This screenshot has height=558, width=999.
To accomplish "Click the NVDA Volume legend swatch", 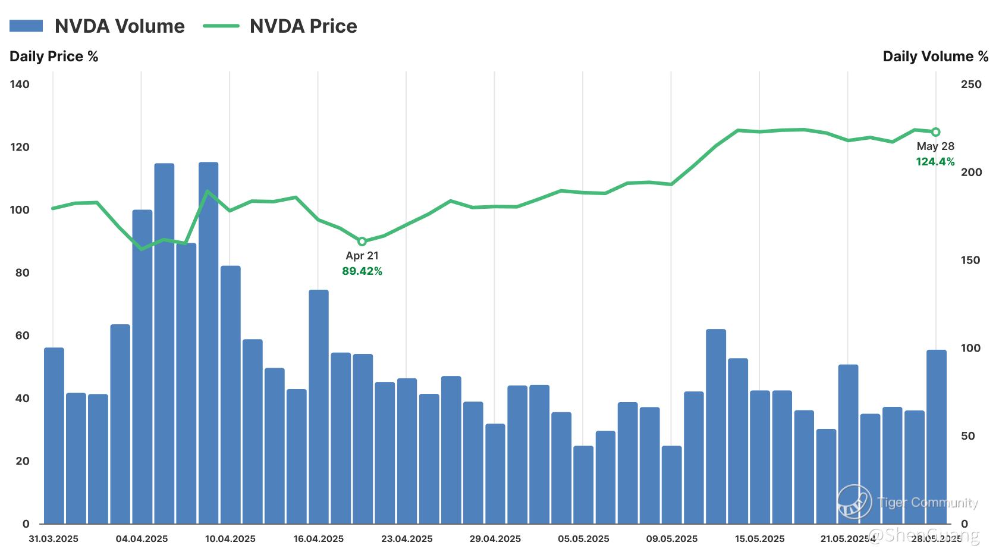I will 26,26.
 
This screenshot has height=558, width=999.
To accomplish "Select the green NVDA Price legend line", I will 221,26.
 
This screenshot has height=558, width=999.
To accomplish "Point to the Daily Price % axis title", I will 54,57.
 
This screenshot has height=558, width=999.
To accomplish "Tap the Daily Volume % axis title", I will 935,57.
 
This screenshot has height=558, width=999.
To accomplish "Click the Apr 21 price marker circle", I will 362,242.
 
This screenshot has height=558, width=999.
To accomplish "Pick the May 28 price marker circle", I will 935,132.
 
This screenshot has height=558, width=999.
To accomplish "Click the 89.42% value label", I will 362,271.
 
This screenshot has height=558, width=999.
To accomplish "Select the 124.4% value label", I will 935,162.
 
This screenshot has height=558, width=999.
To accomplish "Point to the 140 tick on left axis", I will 20,84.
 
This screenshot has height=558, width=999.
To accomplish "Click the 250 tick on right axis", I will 971,84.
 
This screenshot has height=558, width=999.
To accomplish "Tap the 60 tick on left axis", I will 22,336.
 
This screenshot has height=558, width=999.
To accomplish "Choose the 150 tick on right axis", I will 971,260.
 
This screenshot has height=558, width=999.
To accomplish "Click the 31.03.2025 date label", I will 54,539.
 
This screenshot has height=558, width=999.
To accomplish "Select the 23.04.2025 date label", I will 407,539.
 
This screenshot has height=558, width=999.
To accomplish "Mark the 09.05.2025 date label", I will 672,539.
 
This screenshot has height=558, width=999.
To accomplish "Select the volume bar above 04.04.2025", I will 142,366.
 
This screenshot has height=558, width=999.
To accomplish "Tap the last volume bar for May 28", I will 937,437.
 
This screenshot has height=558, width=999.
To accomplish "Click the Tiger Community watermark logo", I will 854,501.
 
